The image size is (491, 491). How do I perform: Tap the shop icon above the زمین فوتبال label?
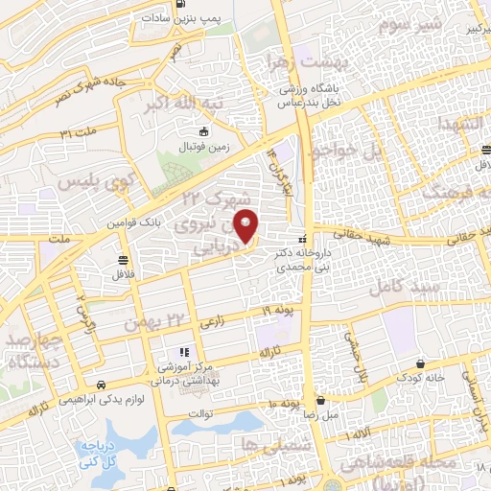pyautogui.click(x=202, y=132)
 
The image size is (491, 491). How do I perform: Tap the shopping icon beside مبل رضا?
pyautogui.click(x=320, y=401)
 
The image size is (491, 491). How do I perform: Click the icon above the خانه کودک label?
pyautogui.click(x=423, y=364)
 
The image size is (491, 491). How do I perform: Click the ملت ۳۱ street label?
pyautogui.click(x=79, y=129)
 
